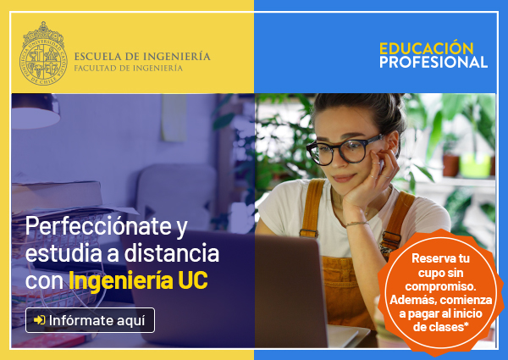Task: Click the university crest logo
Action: tap(43, 54)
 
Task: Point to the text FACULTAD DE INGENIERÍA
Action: tap(129, 68)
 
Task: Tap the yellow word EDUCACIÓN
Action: tap(427, 48)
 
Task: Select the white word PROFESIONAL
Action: tap(433, 62)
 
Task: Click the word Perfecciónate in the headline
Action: tap(98, 226)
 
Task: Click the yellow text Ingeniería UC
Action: tap(138, 280)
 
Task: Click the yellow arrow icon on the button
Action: tap(40, 320)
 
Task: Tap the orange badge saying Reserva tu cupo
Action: tap(440, 292)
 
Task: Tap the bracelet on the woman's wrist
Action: tap(357, 224)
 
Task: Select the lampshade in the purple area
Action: tap(35, 111)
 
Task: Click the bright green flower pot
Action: tap(475, 165)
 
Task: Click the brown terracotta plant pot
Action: tap(451, 165)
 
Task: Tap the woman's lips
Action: tap(344, 178)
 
